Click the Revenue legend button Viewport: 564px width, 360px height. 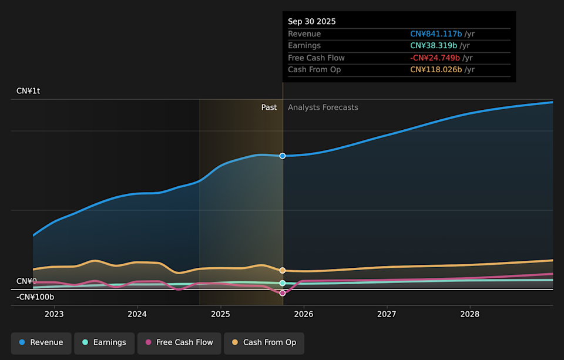(41, 343)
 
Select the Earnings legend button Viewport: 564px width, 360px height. (104, 343)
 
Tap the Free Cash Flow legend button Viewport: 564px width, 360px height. (179, 343)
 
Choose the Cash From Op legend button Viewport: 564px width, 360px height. (264, 343)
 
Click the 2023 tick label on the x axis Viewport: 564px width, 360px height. (54, 314)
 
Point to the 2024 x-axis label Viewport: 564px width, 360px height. (137, 314)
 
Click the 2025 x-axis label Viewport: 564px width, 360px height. (220, 314)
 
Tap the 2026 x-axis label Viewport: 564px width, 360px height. (304, 314)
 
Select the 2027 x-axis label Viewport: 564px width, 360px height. (387, 314)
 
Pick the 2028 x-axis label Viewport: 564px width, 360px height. (470, 314)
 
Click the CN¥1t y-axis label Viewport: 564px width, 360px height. (28, 91)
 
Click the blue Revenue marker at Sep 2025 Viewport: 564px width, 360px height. (283, 156)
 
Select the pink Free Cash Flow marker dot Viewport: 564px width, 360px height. (283, 293)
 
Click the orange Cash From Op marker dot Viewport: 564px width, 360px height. (283, 271)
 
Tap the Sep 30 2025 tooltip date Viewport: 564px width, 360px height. (312, 22)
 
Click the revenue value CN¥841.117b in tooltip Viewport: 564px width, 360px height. (436, 34)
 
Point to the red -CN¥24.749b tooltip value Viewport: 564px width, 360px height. (435, 58)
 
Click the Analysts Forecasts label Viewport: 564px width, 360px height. (323, 107)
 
